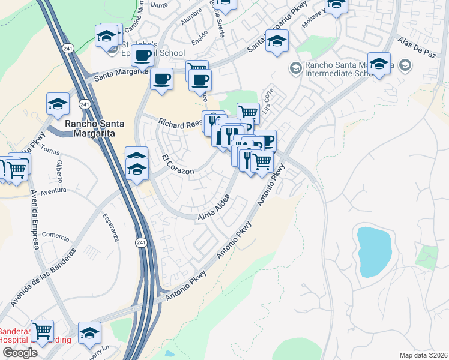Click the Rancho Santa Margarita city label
(94, 128)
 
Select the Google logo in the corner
(19, 353)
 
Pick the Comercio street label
(56, 236)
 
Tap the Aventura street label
(53, 190)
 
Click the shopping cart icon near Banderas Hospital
(42, 331)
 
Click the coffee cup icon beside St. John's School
(143, 56)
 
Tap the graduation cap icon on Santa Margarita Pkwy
(277, 41)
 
